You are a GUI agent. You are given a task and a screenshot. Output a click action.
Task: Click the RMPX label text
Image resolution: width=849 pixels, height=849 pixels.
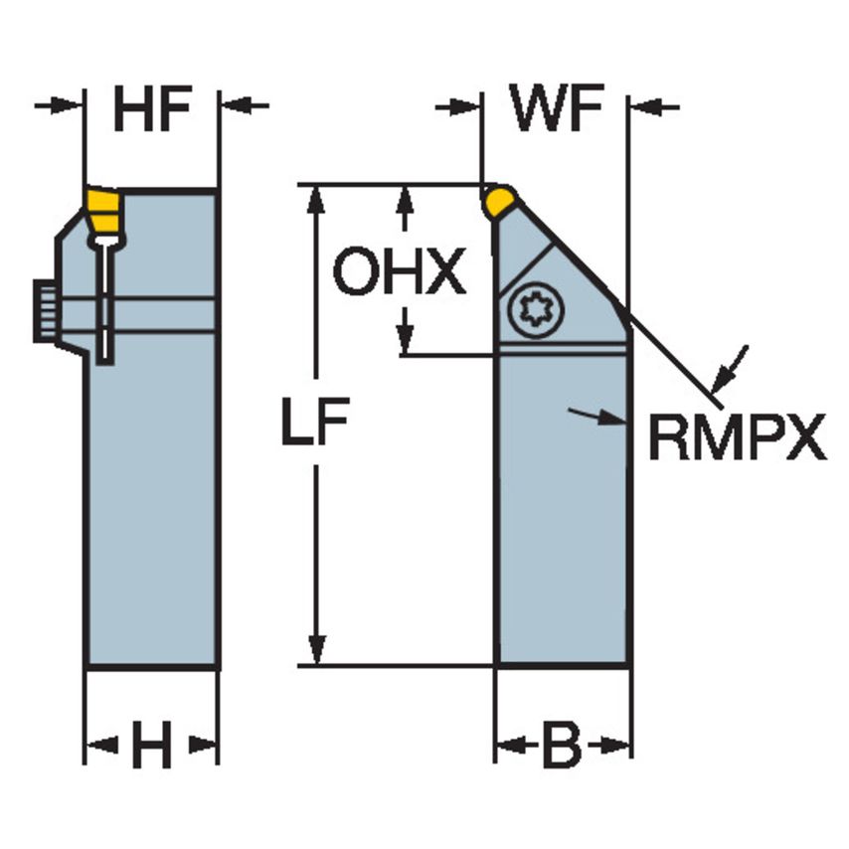click(x=737, y=438)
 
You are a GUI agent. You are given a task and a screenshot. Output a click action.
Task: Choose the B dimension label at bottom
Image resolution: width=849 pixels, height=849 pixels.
click(x=562, y=747)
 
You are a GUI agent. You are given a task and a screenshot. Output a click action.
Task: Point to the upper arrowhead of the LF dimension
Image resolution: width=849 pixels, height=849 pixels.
click(x=317, y=199)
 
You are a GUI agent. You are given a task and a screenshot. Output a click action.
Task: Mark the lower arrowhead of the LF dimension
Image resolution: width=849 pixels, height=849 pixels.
click(x=317, y=651)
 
